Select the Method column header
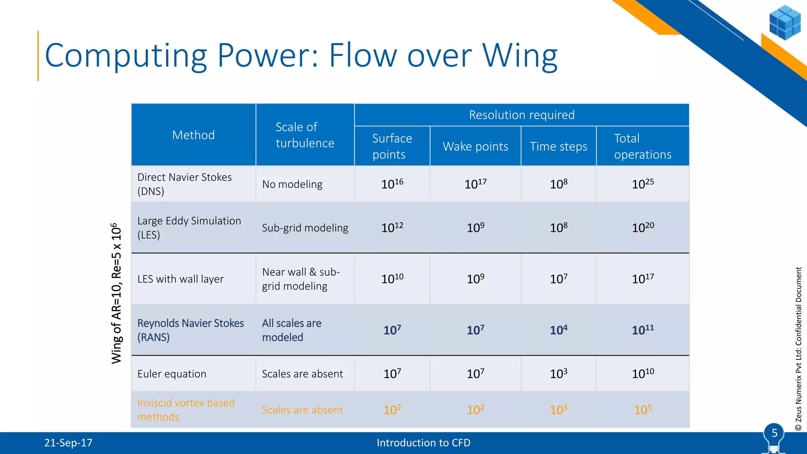pos(193,135)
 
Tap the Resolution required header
pos(521,115)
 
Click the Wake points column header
pos(475,147)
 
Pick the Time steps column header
pos(558,147)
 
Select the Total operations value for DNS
pos(643,184)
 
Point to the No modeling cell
pos(292,184)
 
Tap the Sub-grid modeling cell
pos(305,228)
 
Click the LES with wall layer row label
pos(180,279)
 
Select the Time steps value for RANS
pos(558,330)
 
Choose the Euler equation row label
pos(172,374)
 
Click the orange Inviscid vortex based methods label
pos(186,410)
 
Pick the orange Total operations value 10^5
pos(643,410)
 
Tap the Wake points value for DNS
pos(475,184)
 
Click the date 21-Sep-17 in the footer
pos(68,443)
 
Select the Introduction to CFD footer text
pos(423,443)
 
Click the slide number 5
pos(774,433)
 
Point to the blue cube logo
pos(785,22)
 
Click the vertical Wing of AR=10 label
pos(117,293)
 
